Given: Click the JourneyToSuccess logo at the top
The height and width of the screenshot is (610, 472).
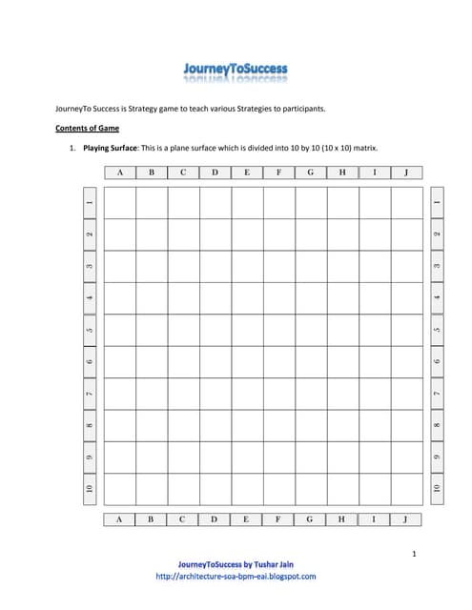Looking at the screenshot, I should (235, 71).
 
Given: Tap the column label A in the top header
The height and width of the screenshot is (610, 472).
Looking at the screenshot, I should (119, 173).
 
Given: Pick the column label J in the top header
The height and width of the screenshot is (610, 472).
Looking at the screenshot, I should (406, 173).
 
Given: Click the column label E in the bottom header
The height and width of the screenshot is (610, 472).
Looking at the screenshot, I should (247, 519).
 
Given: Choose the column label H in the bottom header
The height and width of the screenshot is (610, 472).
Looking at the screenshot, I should (341, 519).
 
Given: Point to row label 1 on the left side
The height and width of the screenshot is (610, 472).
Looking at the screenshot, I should (89, 202).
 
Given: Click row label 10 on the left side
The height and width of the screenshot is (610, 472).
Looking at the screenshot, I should (89, 488).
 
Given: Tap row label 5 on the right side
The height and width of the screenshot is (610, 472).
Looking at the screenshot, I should (437, 330).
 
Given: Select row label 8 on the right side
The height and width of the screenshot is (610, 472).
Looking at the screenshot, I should (437, 425).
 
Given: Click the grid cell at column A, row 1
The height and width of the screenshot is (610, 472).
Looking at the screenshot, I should (119, 203).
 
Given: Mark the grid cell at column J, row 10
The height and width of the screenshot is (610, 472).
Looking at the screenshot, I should (406, 489).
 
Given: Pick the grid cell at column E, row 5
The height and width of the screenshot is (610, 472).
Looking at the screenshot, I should (247, 330).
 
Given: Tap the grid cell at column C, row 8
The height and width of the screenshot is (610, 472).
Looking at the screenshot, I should (183, 425).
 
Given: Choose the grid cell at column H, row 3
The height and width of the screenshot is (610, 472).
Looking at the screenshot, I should (342, 266).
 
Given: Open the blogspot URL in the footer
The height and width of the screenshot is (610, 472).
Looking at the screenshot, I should (235, 576).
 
